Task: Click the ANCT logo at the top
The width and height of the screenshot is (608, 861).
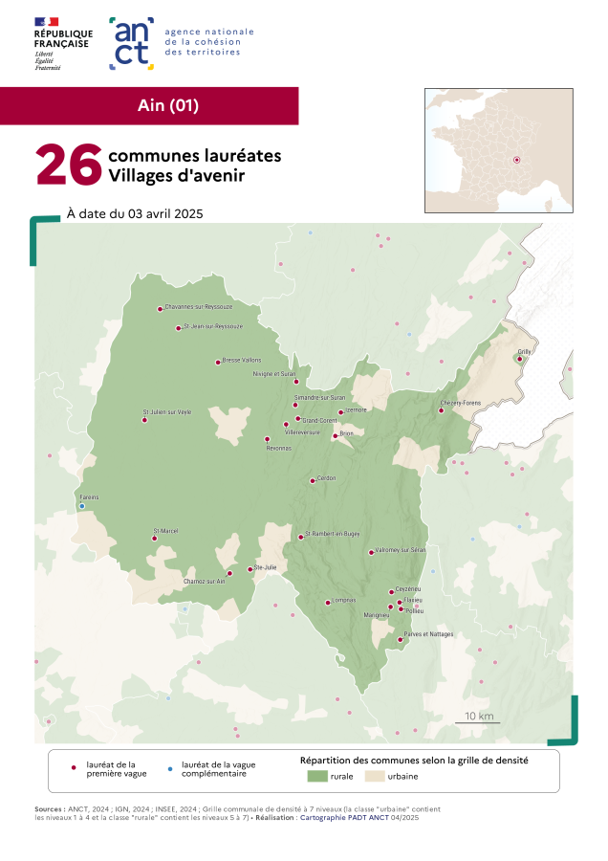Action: [x=131, y=43]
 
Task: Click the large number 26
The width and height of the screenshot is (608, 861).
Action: [x=68, y=166]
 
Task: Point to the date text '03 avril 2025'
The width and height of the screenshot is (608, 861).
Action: [x=167, y=213]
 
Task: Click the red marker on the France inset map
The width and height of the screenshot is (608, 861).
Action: [x=517, y=160]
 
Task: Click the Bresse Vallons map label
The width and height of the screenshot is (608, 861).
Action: [x=241, y=361]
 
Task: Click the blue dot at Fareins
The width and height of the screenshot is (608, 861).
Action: [x=82, y=505]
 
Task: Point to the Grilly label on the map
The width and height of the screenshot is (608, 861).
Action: [x=524, y=352]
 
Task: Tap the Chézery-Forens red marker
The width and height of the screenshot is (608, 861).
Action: [x=442, y=410]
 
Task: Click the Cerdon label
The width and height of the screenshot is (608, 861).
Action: [x=327, y=478]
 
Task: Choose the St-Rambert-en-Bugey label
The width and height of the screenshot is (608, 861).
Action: [x=334, y=534]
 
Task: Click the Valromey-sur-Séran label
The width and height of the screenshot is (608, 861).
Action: [x=400, y=550]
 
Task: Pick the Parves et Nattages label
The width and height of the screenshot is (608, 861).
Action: [x=428, y=634]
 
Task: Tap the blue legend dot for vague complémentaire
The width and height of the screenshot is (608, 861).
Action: [x=170, y=768]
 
